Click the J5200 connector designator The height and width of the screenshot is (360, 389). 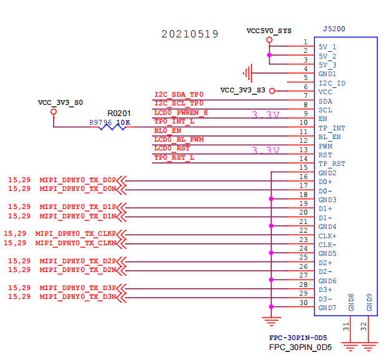tap(334, 29)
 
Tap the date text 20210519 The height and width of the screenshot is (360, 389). tap(190, 34)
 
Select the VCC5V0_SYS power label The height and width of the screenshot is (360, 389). tap(269, 31)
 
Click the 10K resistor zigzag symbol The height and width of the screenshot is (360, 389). tap(112, 127)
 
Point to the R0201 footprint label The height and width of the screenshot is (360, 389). tap(119, 114)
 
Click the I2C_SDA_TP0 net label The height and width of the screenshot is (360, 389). tap(179, 94)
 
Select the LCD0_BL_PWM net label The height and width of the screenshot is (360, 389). tap(179, 140)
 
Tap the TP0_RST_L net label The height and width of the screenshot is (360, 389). tap(174, 158)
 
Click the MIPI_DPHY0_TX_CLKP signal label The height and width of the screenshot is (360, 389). tap(76, 234)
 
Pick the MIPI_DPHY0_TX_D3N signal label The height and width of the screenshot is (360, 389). tap(77, 297)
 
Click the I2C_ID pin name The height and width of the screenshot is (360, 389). tap(332, 83)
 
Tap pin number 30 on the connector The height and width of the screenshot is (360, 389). tap(303, 303)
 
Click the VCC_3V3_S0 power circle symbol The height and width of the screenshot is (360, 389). tap(54, 112)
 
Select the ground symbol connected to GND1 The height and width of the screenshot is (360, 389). tap(248, 73)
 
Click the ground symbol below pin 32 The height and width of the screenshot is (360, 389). tap(368, 347)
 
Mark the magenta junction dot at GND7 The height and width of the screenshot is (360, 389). tap(271, 307)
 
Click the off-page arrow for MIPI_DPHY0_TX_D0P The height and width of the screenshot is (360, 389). tap(121, 181)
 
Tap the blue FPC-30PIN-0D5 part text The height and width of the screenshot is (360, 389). tap(298, 338)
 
